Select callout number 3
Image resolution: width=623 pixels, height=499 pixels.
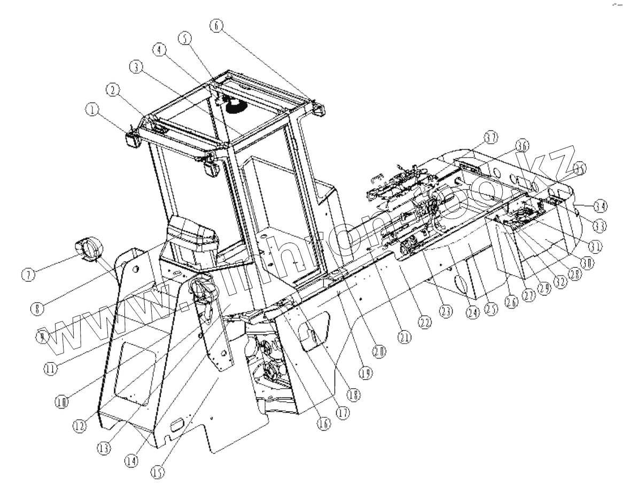pyautogui.click(x=136, y=66)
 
